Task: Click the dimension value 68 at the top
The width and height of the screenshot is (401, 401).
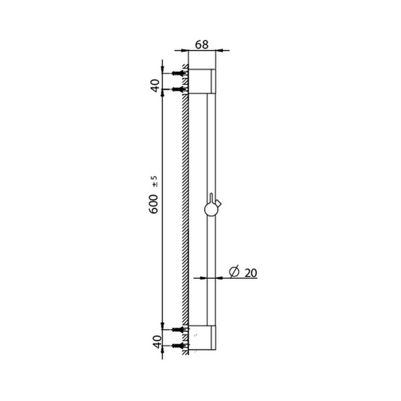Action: click(202, 45)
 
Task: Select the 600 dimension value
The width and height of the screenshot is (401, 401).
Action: click(154, 204)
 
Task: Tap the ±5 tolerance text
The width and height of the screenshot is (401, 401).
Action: click(155, 181)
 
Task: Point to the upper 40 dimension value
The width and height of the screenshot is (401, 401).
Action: click(155, 86)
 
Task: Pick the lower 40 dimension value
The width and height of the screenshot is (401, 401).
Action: click(157, 342)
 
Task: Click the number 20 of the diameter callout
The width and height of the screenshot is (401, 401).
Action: click(251, 273)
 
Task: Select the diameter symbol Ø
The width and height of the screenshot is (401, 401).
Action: click(234, 272)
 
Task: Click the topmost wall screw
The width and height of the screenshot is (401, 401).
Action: click(179, 73)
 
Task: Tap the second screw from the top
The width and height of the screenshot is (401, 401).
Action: click(179, 89)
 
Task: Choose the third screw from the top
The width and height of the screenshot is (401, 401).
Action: click(179, 330)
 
